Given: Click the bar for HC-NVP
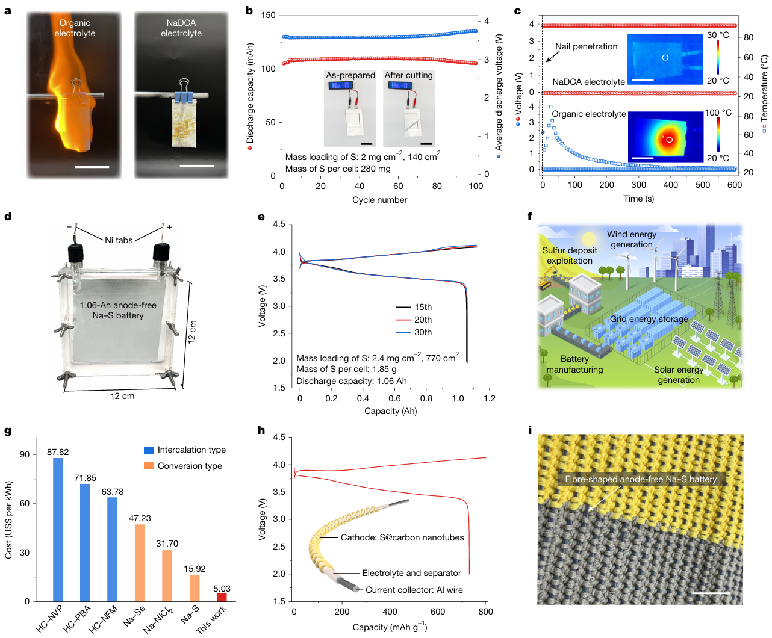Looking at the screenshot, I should point(58,530).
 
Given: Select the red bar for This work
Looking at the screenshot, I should point(222,597).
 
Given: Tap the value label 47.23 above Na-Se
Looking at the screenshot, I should point(140,518).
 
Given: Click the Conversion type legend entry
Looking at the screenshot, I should point(190,466).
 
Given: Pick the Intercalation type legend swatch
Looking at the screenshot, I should point(149,450).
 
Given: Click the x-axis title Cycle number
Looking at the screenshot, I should point(379,200).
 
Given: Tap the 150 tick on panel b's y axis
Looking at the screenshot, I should point(268,15).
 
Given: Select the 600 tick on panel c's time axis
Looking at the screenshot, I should point(734,185).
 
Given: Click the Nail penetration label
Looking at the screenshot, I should point(586,46).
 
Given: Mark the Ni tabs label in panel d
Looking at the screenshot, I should point(119,240).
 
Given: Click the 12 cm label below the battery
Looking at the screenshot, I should point(122,396).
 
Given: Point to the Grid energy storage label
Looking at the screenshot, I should point(649,319).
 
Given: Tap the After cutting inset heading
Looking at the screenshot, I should point(408,75).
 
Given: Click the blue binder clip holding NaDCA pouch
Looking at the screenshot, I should point(182,95).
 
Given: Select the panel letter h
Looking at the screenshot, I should point(261,430).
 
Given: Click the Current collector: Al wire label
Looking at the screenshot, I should point(414,590).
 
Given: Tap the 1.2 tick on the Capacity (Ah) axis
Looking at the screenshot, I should point(490,398).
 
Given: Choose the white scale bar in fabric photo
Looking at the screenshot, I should point(711,593).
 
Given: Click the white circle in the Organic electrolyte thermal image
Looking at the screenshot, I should point(669,140).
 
